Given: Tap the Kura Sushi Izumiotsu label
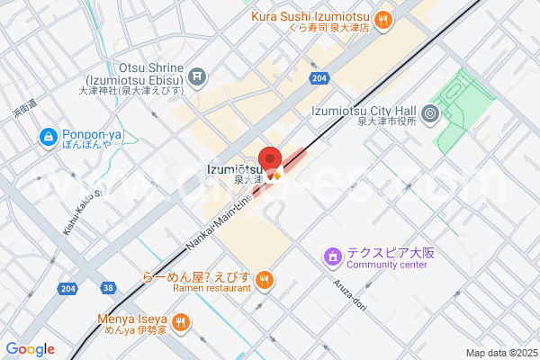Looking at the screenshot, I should [x=310, y=17].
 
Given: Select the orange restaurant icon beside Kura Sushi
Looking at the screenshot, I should [x=383, y=18].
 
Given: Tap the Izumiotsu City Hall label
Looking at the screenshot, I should [x=361, y=111].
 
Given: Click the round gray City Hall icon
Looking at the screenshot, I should [x=429, y=113].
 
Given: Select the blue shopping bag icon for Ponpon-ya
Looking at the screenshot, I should [x=46, y=137].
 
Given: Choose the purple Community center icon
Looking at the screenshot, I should [x=332, y=258].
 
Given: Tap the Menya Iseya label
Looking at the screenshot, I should [x=133, y=319].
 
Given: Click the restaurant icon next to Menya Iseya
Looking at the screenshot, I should [x=181, y=321].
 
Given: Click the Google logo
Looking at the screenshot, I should [x=30, y=349].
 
